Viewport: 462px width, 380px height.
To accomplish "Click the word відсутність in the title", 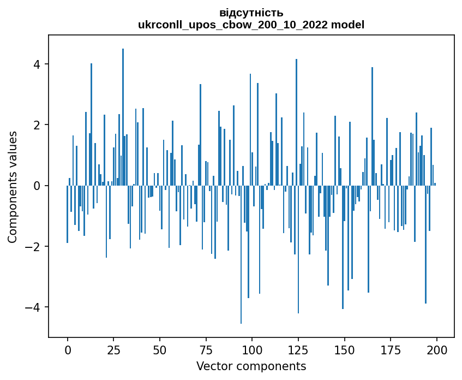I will pos(251,13).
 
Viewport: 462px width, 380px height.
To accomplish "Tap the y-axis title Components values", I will pos(13,186).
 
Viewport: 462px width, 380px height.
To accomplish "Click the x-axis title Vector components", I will pos(251,366).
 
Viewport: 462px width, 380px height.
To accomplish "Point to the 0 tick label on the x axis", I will pos(68,350).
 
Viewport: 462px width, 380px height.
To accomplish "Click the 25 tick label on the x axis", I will pos(113,350).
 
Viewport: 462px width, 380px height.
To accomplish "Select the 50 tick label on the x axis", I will pos(160,350).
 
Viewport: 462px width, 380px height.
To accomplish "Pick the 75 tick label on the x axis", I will pos(206,350).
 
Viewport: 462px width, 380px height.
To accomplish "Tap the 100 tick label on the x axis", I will pos(252,350).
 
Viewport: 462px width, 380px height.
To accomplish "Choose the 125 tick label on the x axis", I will pos(298,350).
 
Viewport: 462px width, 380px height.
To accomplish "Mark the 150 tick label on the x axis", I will pos(344,350).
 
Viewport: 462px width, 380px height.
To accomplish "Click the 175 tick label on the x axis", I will pos(390,350).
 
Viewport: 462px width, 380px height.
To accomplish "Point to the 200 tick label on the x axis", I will pos(436,350).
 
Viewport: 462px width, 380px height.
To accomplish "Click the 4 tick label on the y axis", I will pos(38,64).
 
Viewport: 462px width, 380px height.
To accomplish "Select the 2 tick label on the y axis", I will pos(38,125).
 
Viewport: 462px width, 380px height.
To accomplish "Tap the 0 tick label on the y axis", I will pos(38,186).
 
